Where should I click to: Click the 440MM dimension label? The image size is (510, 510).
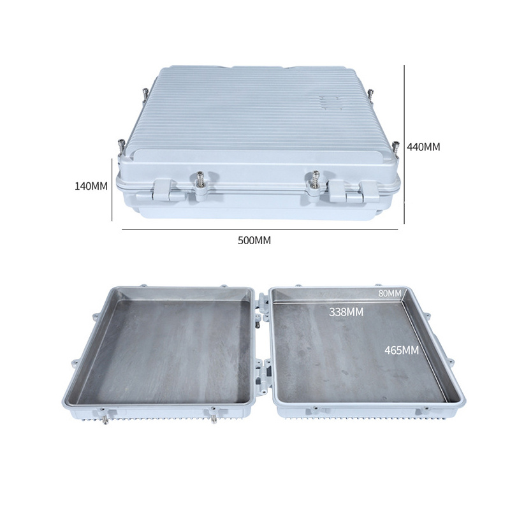424,147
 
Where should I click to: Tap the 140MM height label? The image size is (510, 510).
91,186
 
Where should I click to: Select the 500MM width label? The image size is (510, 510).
254,240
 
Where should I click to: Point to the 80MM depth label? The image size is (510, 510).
390,293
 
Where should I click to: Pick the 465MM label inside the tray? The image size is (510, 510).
401,350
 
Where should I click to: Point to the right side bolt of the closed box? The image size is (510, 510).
395,149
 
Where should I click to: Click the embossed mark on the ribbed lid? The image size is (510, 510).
328,102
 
